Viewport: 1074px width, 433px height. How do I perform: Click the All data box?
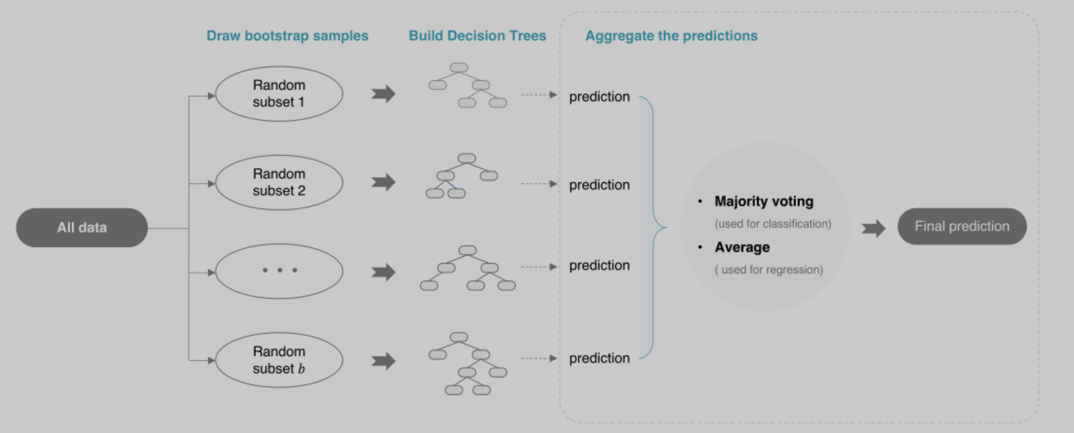point(82,228)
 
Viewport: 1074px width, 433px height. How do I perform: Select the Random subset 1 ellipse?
point(279,94)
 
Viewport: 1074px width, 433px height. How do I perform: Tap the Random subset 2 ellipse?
point(279,183)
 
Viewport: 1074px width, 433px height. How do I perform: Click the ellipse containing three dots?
point(279,271)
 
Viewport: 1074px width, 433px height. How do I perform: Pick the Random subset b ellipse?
point(279,360)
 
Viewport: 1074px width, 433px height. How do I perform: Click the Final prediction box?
point(962,226)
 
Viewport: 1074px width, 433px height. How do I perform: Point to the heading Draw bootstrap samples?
point(287,36)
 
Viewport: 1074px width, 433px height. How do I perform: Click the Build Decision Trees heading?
point(477,36)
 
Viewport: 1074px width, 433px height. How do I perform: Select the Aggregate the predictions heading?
point(671,36)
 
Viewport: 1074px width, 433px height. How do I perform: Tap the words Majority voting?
point(764,202)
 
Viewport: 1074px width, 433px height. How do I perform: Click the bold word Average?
point(742,248)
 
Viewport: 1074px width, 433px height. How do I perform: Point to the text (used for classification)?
point(773,224)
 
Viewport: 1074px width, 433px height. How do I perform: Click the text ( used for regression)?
point(769,270)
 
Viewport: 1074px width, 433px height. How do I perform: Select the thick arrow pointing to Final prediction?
point(873,228)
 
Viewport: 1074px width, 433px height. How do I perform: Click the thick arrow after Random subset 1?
point(383,94)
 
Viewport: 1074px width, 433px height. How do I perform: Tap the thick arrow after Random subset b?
point(383,361)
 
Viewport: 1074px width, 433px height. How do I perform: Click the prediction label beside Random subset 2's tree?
point(599,185)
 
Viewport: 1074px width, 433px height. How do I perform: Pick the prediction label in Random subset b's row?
point(599,358)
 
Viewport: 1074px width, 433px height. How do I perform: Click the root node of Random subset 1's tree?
point(459,67)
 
